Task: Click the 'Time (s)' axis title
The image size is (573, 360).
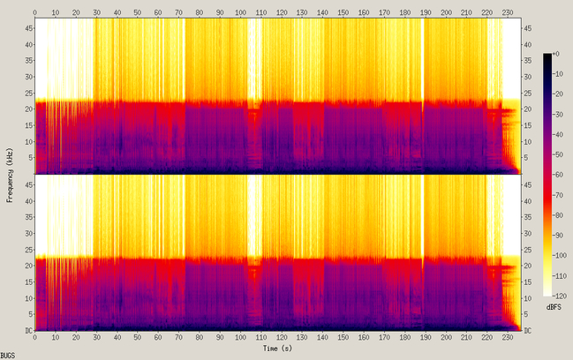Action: click(277, 349)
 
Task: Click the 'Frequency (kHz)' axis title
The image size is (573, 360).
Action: click(10, 175)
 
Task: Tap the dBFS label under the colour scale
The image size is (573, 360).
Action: click(554, 307)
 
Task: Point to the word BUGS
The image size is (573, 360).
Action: click(8, 356)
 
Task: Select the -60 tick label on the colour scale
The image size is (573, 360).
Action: click(557, 175)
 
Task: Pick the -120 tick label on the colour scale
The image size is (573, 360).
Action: click(559, 296)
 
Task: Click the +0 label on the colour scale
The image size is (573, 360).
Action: click(555, 54)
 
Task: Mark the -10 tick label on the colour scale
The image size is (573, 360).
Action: click(557, 74)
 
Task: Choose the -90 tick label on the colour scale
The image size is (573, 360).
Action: click(557, 236)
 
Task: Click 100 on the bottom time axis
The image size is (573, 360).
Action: click(240, 338)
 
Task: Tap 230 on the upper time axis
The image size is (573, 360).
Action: click(508, 12)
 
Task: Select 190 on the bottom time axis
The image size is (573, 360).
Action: click(426, 338)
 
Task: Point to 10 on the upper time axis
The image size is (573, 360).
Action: click(55, 12)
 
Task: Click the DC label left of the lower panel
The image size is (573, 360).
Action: click(28, 331)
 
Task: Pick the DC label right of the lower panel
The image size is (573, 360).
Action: click(528, 331)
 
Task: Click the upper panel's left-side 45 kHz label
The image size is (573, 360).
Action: click(28, 28)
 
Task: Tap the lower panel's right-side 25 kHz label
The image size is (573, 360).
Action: click(528, 250)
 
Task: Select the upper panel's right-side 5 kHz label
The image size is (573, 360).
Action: click(526, 158)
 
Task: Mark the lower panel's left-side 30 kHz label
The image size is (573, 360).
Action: click(28, 233)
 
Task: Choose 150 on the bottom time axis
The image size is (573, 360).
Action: click(343, 338)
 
